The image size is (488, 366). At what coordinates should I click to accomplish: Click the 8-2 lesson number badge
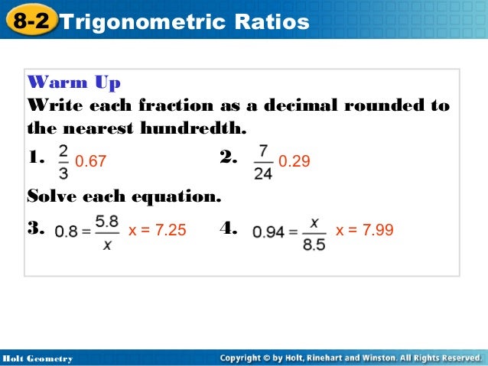coord(30,21)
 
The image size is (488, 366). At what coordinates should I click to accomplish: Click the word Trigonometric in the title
coord(133,22)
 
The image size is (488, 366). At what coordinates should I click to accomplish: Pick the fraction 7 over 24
coord(262,161)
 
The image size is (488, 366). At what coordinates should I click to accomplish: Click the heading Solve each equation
coord(124,196)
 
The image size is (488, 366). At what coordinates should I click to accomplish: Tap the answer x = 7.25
coord(157,229)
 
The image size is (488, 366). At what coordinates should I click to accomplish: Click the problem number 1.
coord(36,158)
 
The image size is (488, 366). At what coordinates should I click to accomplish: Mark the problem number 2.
coord(228,158)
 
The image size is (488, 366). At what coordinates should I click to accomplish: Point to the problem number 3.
coord(36,228)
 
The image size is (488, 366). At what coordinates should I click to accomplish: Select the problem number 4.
coord(228,228)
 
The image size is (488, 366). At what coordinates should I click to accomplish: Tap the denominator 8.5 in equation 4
coord(314,245)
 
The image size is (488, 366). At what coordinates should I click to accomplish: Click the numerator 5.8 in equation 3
coord(106,221)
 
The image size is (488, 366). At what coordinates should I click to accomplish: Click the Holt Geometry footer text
coord(37,358)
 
